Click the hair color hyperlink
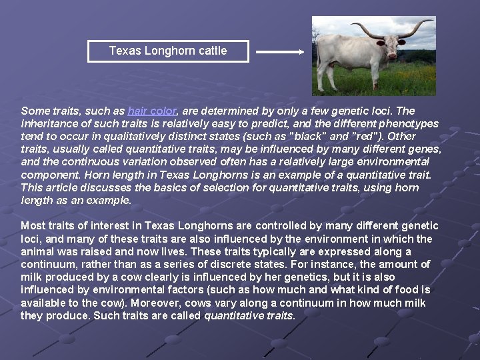152,111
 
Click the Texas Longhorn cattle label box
168,51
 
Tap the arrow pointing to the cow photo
280,51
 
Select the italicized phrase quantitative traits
249,315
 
